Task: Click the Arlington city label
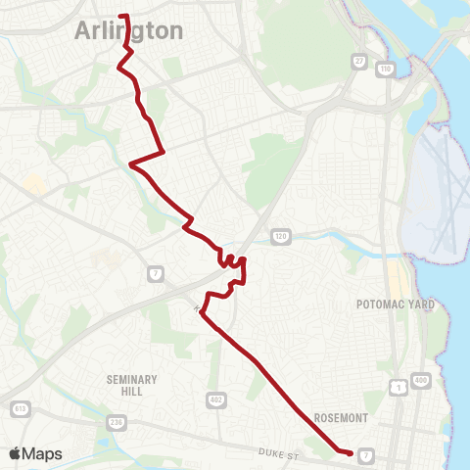(x=129, y=31)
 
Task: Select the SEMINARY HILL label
(x=124, y=384)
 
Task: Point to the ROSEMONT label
(x=340, y=417)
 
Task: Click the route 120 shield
(x=281, y=237)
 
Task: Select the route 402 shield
(x=216, y=399)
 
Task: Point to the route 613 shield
(x=17, y=407)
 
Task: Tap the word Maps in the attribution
(x=44, y=454)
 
